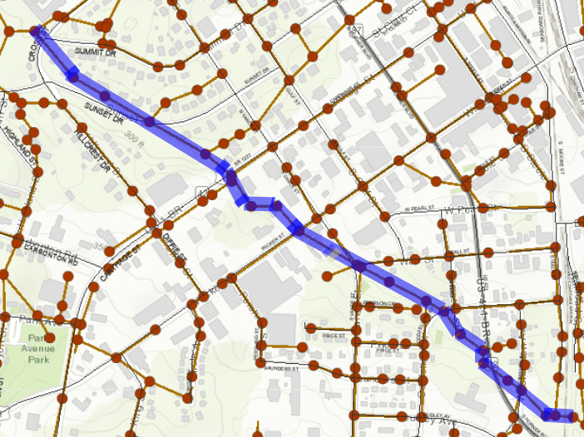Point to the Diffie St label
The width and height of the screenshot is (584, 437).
175,247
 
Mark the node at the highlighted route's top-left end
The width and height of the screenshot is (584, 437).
36,32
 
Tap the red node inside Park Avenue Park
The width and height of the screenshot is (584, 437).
49,337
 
